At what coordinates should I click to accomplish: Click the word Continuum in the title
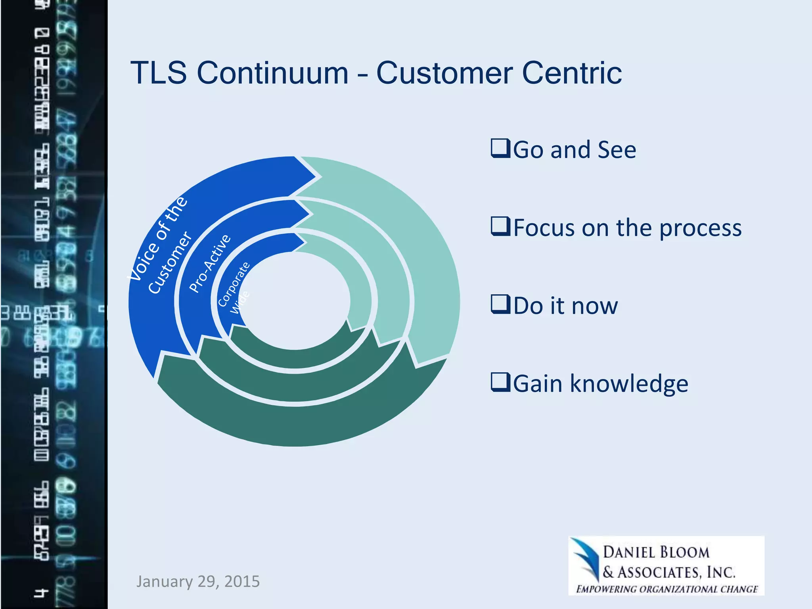pos(272,73)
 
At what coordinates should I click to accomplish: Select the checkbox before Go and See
pos(500,148)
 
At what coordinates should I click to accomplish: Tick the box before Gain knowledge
pos(500,383)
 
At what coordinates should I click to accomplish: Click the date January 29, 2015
pos(198,581)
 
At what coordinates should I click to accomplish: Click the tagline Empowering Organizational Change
pos(667,589)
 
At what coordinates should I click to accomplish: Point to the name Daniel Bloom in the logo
pos(656,552)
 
